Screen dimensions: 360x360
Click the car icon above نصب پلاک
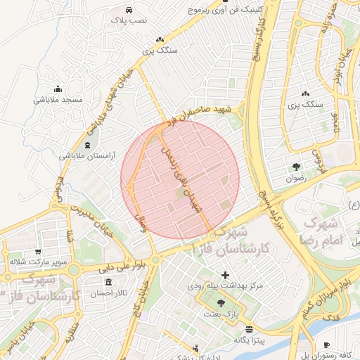point(129,11)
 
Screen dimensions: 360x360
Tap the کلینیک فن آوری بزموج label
point(226,11)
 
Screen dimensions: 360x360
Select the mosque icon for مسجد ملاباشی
point(58,89)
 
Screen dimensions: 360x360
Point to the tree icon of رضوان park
point(295,167)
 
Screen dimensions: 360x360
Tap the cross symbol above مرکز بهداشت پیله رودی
point(225,275)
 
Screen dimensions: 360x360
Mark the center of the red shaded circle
point(180,179)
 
